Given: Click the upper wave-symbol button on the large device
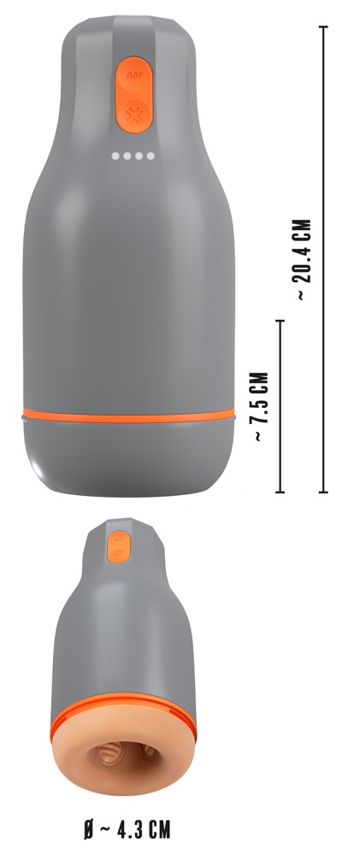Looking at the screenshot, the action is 134,77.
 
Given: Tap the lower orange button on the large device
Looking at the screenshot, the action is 133,115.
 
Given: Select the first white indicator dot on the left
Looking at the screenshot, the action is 115,156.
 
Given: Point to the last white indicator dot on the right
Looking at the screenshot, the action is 150,156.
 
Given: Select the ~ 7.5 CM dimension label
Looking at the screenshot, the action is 262,406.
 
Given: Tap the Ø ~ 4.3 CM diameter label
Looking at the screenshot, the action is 127,830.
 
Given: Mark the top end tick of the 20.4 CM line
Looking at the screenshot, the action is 323,27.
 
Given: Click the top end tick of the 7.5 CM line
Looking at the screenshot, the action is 280,321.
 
